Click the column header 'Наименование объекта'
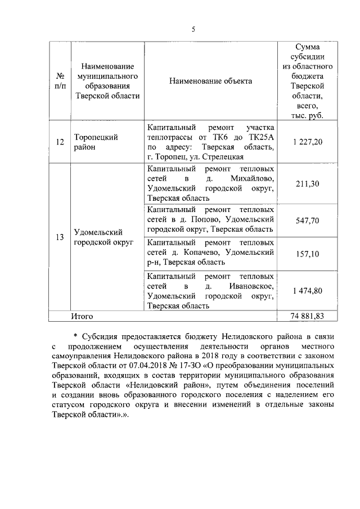pyautogui.click(x=211, y=82)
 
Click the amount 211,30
pyautogui.click(x=308, y=183)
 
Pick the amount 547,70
pyautogui.click(x=308, y=221)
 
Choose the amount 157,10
pyautogui.click(x=308, y=254)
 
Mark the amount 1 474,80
pyautogui.click(x=308, y=291)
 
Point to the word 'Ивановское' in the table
pyautogui.click(x=253, y=286)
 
